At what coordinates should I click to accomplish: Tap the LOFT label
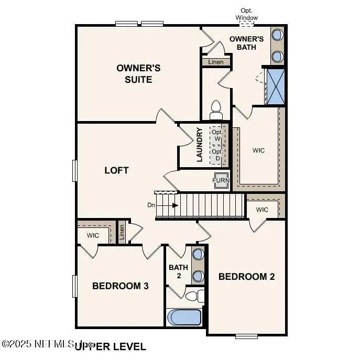coord(116,170)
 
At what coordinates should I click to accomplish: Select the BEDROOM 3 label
coord(121,286)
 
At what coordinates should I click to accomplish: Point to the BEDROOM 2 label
coord(246,277)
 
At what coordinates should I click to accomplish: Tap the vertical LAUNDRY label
coord(200,145)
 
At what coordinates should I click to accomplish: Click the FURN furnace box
coord(220,181)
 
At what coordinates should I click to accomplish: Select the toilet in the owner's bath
coord(215,111)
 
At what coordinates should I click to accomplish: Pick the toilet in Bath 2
coord(195,297)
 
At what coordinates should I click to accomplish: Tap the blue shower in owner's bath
coord(275,86)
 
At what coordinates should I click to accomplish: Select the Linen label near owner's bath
coord(216,62)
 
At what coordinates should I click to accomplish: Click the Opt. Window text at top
coord(246,14)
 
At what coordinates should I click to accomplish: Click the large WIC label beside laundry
coord(258,150)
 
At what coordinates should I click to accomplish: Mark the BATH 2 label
coord(178,271)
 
